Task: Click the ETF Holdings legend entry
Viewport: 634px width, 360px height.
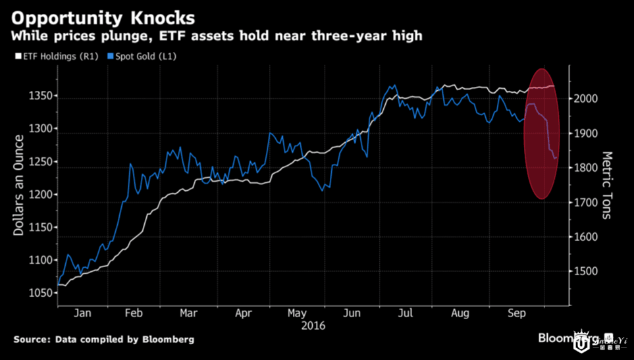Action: (x=59, y=57)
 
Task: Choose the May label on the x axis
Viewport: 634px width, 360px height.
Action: (x=298, y=313)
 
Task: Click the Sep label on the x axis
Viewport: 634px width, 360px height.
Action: (x=517, y=313)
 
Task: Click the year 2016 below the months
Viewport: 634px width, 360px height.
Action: (x=313, y=325)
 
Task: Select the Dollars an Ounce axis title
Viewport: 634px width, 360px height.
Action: (x=20, y=185)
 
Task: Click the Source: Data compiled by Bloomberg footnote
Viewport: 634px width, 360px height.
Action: (x=104, y=340)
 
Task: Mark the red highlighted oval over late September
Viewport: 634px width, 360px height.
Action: (x=542, y=134)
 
